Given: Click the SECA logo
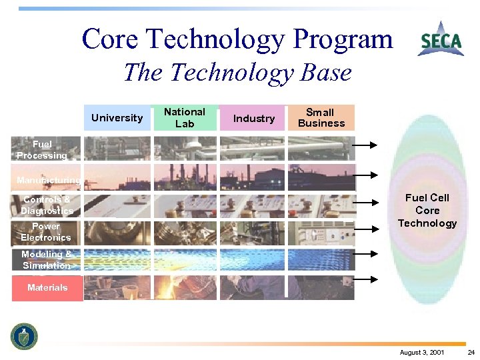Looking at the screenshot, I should (x=441, y=40).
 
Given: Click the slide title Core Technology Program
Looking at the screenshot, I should (x=237, y=39).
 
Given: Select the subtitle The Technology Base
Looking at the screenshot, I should (x=237, y=72).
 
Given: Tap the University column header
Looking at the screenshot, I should (x=117, y=118).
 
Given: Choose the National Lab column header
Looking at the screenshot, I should (x=185, y=118).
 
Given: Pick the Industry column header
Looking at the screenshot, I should (x=253, y=118).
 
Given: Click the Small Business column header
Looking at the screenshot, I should (x=321, y=118).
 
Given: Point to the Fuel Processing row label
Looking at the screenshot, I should (x=43, y=150).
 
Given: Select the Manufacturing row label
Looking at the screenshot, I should (x=48, y=180).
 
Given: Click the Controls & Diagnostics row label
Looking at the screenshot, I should (x=47, y=205).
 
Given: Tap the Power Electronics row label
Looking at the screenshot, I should (x=45, y=232).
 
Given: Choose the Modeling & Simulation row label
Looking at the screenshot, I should (x=46, y=260).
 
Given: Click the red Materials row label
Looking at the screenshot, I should (x=47, y=288).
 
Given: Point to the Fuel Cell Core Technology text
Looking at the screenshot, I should (x=427, y=210).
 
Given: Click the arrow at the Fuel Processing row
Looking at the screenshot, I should (x=365, y=145).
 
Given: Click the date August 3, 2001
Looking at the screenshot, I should (x=423, y=352).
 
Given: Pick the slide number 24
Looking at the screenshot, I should (x=471, y=352).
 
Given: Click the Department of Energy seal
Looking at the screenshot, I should (x=25, y=336).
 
